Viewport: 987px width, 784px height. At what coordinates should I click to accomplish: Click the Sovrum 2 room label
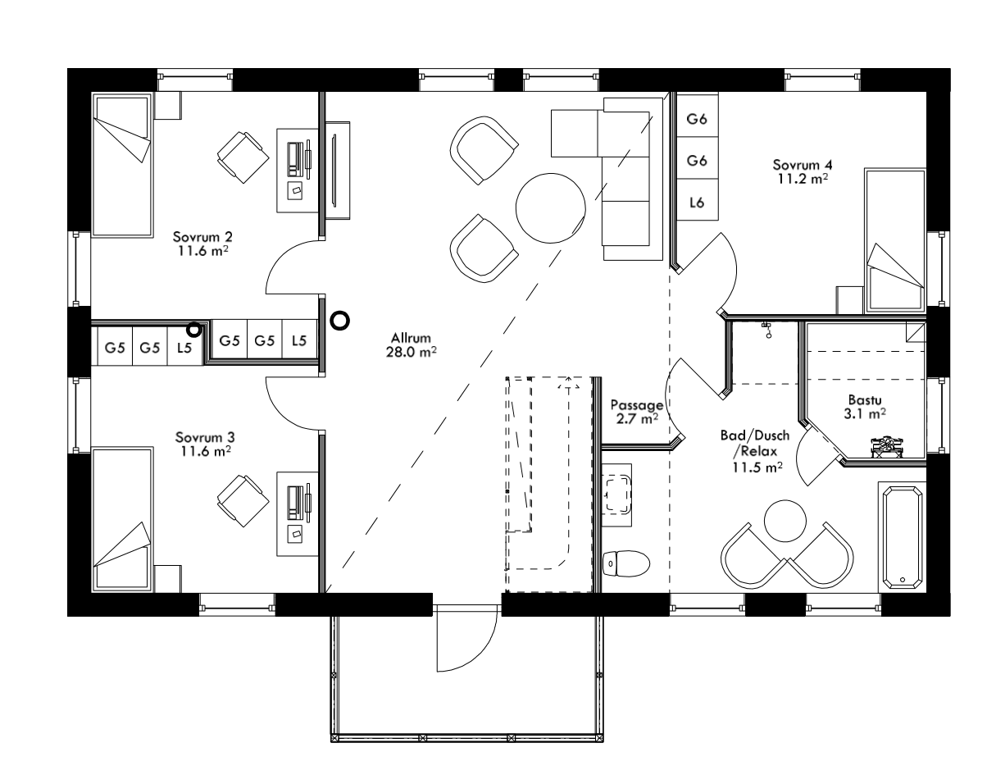pyautogui.click(x=200, y=243)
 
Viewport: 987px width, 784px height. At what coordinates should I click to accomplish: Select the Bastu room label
pyautogui.click(x=865, y=408)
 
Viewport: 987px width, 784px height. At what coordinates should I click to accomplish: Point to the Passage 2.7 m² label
pyautogui.click(x=636, y=412)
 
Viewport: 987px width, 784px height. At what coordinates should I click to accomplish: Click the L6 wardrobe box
pyautogui.click(x=697, y=202)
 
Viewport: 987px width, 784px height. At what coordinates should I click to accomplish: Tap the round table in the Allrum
pyautogui.click(x=551, y=207)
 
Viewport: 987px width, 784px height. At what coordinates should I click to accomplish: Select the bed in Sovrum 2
pyautogui.click(x=122, y=165)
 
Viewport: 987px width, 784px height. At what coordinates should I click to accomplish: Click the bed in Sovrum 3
pyautogui.click(x=122, y=518)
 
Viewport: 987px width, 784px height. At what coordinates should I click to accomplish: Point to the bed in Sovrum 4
pyautogui.click(x=895, y=241)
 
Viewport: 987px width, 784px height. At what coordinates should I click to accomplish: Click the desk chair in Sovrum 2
pyautogui.click(x=242, y=155)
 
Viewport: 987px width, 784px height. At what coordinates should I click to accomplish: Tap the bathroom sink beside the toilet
pyautogui.click(x=616, y=494)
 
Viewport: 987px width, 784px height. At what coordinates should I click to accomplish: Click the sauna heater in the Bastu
pyautogui.click(x=885, y=445)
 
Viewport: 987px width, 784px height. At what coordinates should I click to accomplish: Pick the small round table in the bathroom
pyautogui.click(x=786, y=520)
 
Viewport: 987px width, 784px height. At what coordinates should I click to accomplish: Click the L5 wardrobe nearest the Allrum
pyautogui.click(x=300, y=340)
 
